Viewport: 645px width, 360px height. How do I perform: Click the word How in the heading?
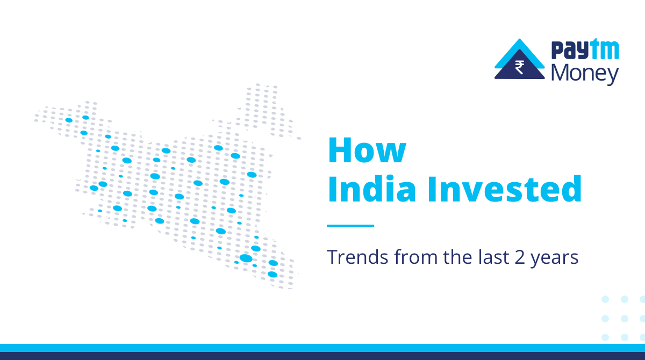pos(367,151)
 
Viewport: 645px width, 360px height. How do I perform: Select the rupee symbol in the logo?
pos(520,68)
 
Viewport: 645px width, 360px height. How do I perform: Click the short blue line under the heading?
pos(350,226)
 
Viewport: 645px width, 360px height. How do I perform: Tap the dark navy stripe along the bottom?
pos(322,356)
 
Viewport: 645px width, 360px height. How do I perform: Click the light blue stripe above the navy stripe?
pos(322,348)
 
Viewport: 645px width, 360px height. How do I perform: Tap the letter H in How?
pos(340,151)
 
